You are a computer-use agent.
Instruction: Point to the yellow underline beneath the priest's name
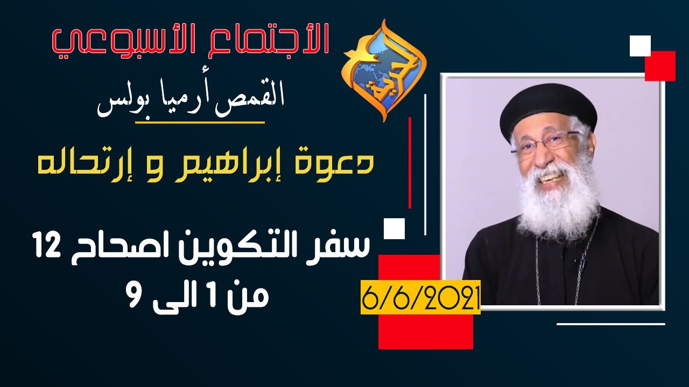point(200,123)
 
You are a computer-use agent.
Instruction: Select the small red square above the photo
point(660,66)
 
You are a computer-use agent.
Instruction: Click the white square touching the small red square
point(640,46)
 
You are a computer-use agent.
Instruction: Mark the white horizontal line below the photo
point(610,324)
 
